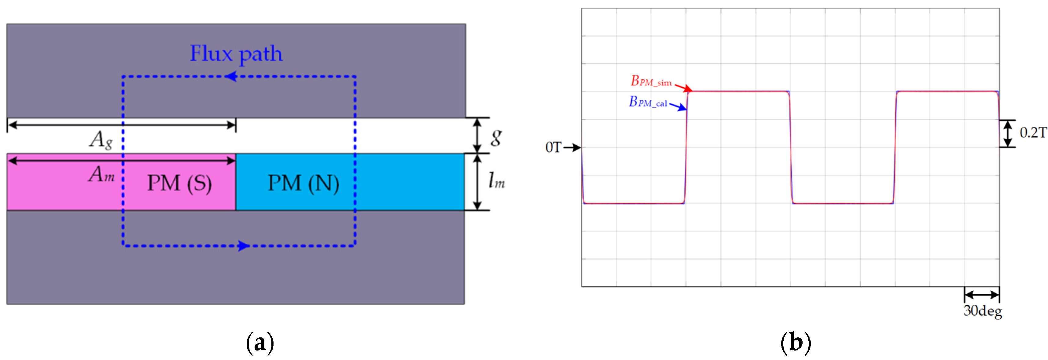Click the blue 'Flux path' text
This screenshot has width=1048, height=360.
(x=236, y=54)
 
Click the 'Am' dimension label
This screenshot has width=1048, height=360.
(x=101, y=175)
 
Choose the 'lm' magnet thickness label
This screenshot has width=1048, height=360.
(x=496, y=180)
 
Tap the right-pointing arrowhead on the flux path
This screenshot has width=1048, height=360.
(x=244, y=246)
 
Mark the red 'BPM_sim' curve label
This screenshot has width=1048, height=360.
(x=651, y=81)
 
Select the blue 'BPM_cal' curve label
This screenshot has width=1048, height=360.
(x=648, y=102)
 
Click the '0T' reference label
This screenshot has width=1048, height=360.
(x=553, y=147)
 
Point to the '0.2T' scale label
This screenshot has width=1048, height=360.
(x=1032, y=133)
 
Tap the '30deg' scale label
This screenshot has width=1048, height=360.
(x=982, y=311)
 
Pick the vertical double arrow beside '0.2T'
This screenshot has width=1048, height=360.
(x=1007, y=133)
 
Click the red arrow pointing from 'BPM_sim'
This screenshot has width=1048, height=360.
(x=684, y=87)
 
